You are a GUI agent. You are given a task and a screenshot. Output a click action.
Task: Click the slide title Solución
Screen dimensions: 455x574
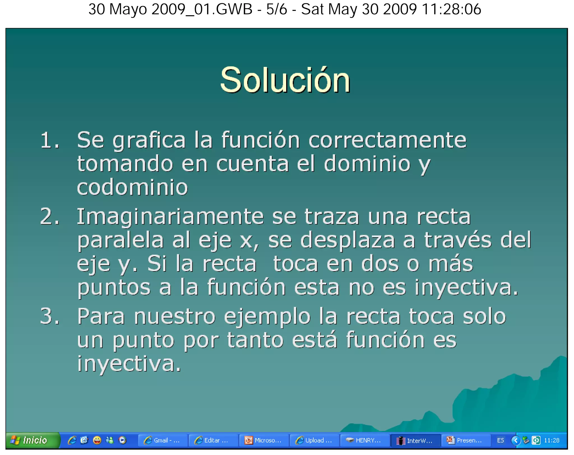tap(285, 80)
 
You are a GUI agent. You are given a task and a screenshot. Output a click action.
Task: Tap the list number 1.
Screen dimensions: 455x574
tap(50, 140)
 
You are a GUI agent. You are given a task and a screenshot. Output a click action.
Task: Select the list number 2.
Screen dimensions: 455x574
tap(50, 217)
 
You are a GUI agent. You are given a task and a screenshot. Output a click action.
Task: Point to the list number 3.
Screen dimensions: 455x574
tap(50, 316)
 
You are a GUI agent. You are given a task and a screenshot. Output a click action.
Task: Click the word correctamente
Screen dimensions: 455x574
tap(387, 140)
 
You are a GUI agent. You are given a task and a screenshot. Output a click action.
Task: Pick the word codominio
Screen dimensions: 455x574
tap(132, 187)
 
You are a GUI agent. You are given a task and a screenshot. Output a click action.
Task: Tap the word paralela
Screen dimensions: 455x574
tap(120, 240)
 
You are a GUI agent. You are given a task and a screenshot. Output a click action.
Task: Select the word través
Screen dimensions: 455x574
tap(458, 240)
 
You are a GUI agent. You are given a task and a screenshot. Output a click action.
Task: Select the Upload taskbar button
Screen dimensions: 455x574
tap(314, 440)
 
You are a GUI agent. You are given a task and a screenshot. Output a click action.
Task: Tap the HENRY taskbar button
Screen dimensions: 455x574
tap(364, 440)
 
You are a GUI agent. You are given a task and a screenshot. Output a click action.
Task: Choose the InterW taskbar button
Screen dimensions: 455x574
tap(415, 440)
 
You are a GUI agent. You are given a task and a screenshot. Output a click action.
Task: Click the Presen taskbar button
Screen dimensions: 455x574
tap(466, 440)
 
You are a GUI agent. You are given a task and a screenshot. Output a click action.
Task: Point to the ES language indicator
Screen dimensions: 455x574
tap(500, 440)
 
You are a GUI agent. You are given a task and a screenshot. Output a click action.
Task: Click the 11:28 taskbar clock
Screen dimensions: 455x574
tap(551, 440)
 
